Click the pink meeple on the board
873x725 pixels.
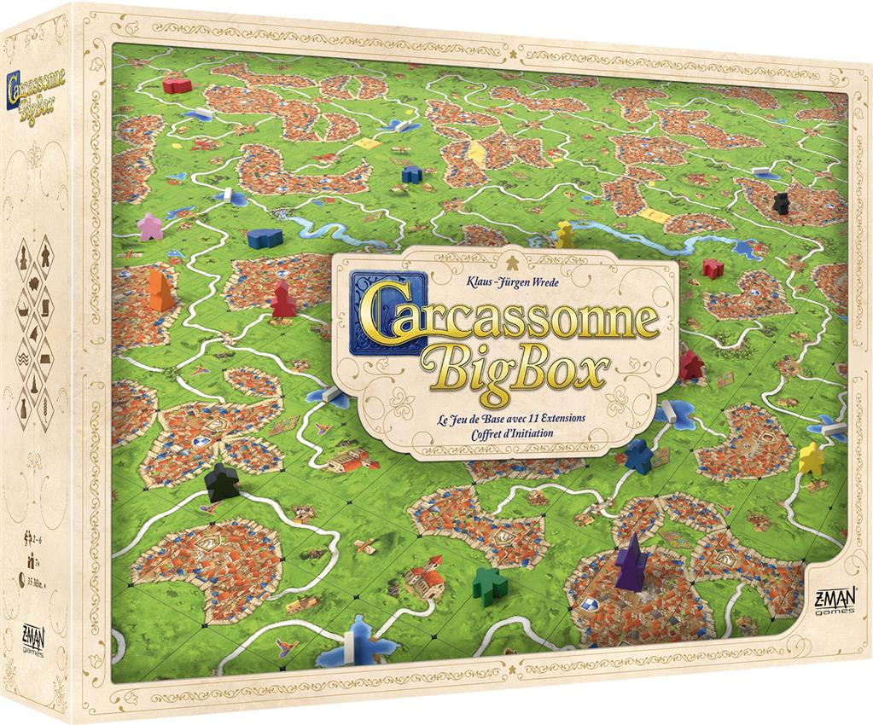point(150,226)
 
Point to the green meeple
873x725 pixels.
point(489,585)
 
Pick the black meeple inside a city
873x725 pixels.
point(781,203)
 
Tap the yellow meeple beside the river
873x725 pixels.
point(564,234)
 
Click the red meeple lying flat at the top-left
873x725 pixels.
point(178,85)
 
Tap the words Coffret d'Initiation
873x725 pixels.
point(505,433)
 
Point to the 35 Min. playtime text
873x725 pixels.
point(38,583)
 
